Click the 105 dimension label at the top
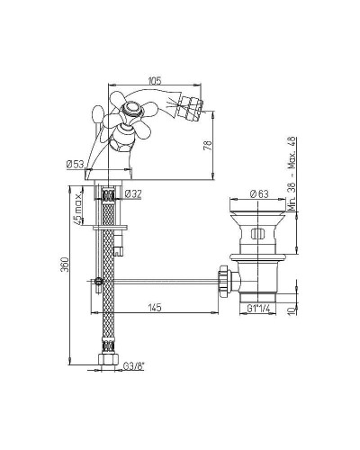[155, 80]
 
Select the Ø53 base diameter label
[75, 165]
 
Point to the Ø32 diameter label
[132, 194]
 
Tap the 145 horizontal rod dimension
[155, 308]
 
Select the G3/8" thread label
[134, 365]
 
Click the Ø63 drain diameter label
[259, 194]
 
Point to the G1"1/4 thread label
[258, 308]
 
